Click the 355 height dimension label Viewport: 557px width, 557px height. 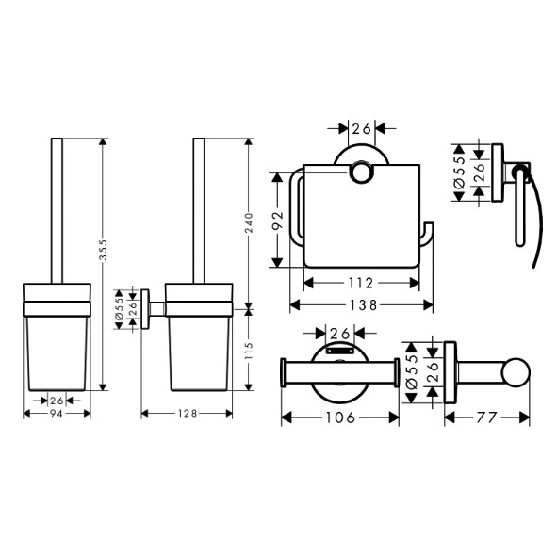coord(103,250)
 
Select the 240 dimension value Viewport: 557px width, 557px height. coord(249,222)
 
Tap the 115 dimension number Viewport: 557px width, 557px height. coord(249,351)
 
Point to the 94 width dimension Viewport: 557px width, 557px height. coord(57,414)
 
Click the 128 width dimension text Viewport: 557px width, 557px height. coord(188,414)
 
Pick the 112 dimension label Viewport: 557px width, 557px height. coord(361,283)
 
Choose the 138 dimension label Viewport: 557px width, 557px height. coord(364,304)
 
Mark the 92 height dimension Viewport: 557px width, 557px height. coord(279,221)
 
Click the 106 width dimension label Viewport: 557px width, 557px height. coord(340,418)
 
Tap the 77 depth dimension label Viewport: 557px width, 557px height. coord(486,418)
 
